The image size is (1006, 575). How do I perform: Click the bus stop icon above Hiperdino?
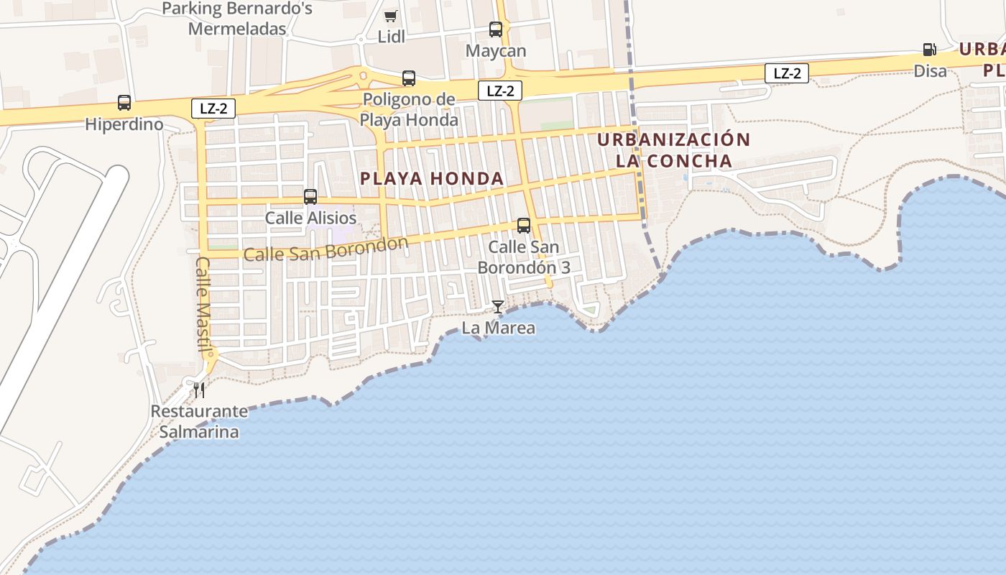[124, 103]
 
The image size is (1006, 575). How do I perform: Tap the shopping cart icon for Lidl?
[390, 16]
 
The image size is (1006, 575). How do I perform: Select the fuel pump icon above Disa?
[929, 50]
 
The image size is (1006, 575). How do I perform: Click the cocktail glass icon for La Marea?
[497, 307]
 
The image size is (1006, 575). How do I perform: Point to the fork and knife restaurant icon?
[199, 390]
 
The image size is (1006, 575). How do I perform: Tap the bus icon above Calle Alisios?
[310, 196]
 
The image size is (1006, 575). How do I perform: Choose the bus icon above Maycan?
[496, 29]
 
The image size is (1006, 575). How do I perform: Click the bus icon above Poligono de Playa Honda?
[409, 78]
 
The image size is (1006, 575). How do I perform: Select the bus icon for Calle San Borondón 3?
[524, 226]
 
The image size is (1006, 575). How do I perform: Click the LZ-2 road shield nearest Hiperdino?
[213, 109]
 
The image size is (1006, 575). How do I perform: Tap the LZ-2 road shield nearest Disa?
[787, 73]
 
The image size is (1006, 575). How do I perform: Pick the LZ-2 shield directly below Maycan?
[500, 91]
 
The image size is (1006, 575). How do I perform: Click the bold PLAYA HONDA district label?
[431, 178]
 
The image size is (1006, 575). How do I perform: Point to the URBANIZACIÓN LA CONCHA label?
[673, 149]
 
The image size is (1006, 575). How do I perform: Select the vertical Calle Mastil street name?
[202, 305]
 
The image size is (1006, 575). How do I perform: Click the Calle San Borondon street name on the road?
[326, 249]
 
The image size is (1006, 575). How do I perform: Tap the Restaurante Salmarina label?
[199, 422]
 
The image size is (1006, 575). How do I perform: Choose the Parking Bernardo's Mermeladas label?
[237, 19]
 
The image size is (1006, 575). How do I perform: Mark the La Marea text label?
[498, 328]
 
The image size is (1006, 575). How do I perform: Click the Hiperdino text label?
[124, 124]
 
